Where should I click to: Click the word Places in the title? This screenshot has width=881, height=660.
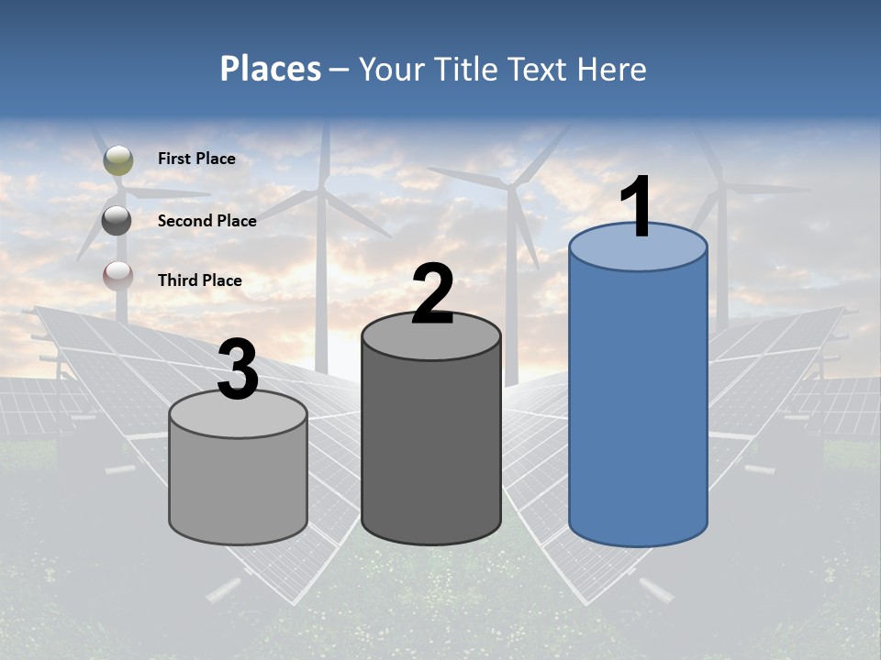point(271,69)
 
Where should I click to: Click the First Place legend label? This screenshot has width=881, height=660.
point(196,159)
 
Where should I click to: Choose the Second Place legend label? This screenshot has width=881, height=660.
point(206,220)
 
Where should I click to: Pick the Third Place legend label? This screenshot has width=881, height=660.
point(199,280)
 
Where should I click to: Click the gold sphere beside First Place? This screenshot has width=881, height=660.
point(117,159)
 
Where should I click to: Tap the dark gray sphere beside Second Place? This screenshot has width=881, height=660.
point(117,220)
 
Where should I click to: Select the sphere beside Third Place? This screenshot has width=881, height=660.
point(117,276)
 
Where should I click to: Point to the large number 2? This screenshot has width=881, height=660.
point(432,294)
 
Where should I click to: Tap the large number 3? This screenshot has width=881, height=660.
point(239,370)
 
